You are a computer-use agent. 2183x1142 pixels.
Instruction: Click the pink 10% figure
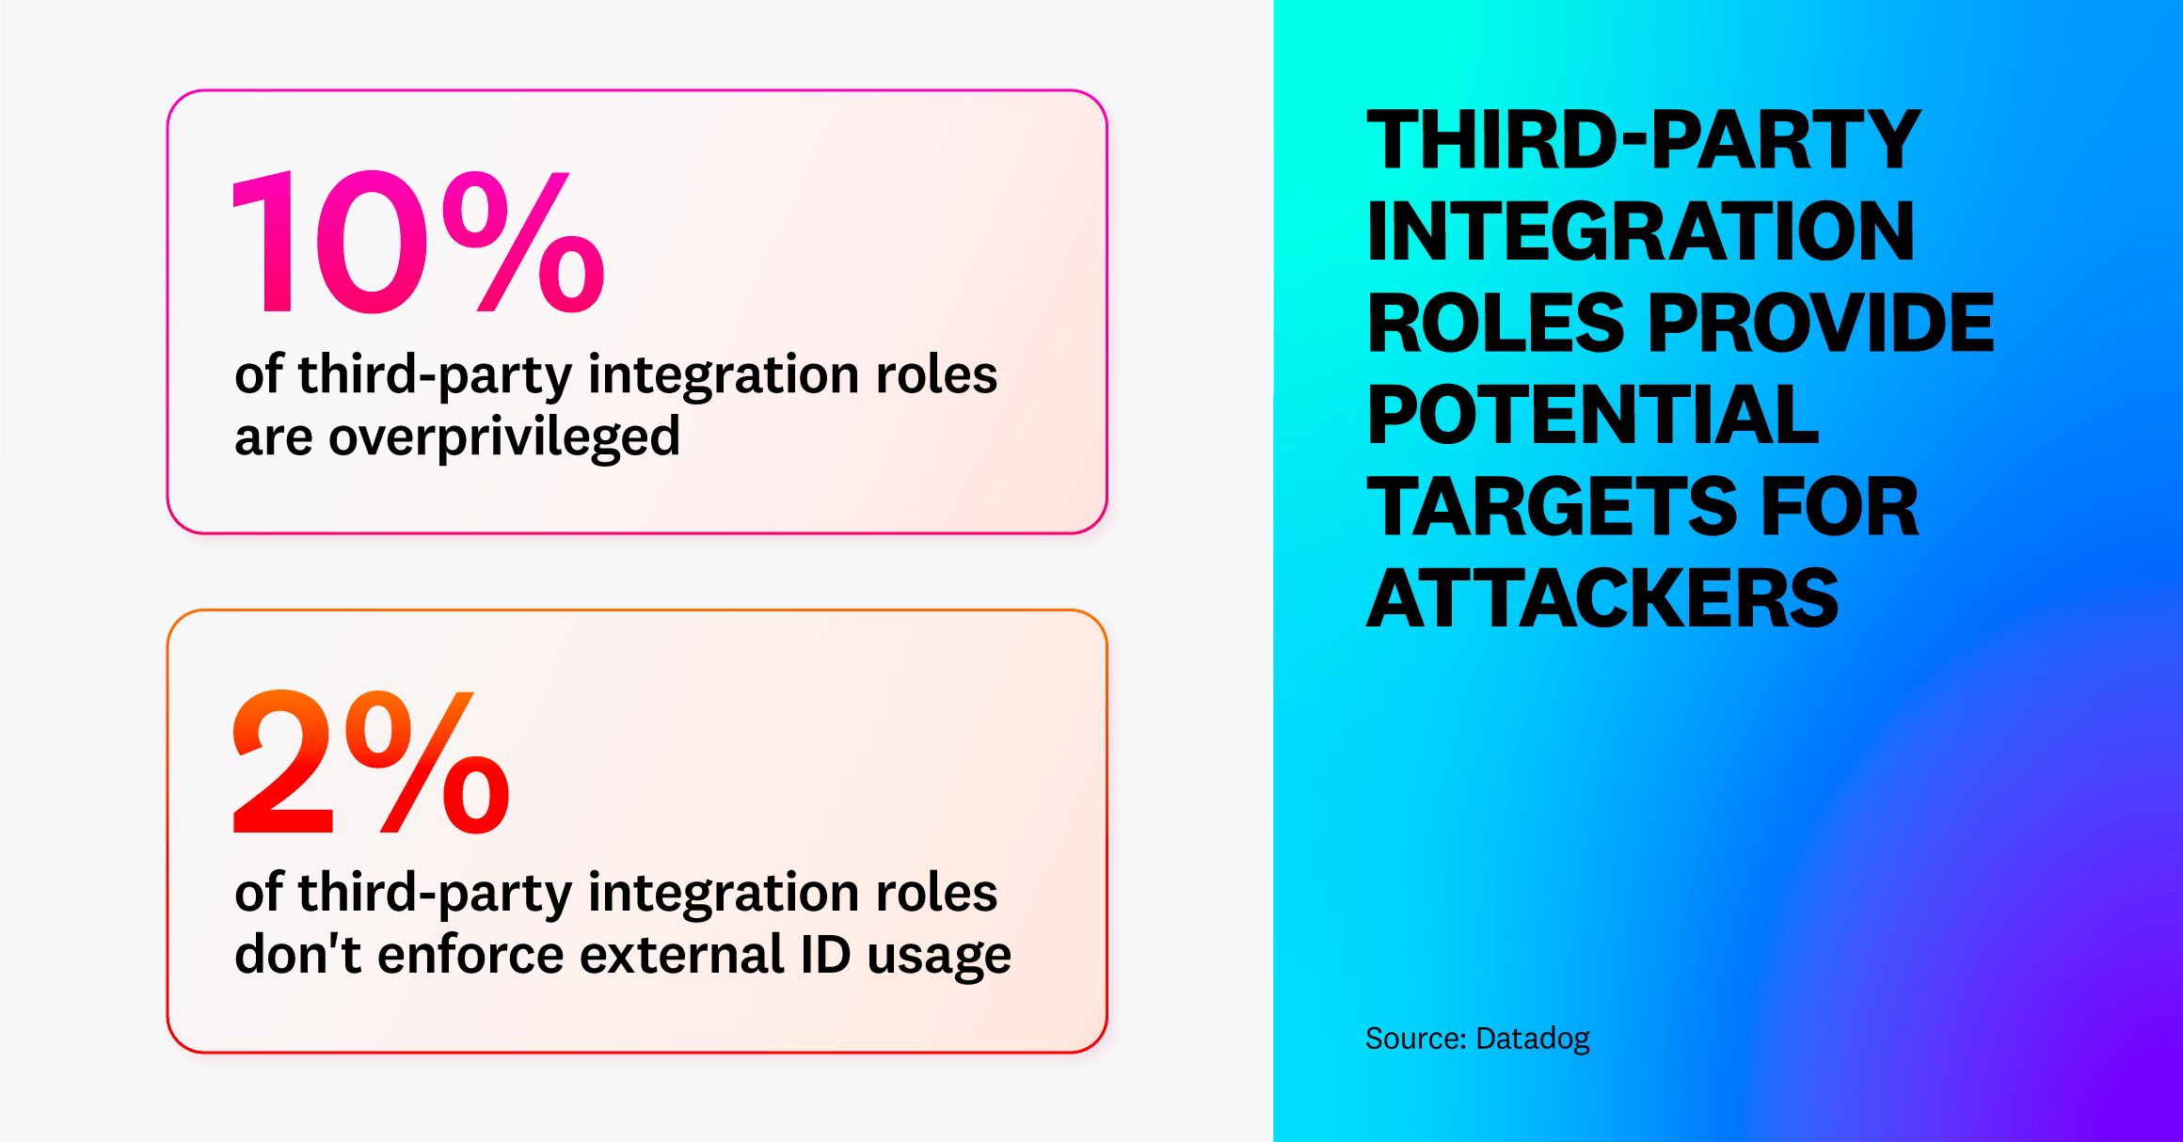click(x=417, y=243)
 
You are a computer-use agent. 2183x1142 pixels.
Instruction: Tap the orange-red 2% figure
click(x=371, y=762)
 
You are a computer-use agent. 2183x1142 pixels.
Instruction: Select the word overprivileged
click(x=503, y=437)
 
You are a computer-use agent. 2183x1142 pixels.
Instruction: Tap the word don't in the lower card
click(x=297, y=954)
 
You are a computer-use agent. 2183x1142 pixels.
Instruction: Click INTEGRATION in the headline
click(x=1640, y=231)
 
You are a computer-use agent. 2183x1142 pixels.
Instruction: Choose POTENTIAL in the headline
click(x=1593, y=415)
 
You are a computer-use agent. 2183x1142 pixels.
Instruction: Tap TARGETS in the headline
click(x=1551, y=507)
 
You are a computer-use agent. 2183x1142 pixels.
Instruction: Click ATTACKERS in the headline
click(x=1601, y=599)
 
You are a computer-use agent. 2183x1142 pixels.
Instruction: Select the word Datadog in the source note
click(x=1532, y=1039)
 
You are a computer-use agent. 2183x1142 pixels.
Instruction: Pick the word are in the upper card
click(x=273, y=437)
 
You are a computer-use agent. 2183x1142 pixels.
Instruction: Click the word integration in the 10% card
click(x=724, y=375)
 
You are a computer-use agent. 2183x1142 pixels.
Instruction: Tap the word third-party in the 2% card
click(x=435, y=894)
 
